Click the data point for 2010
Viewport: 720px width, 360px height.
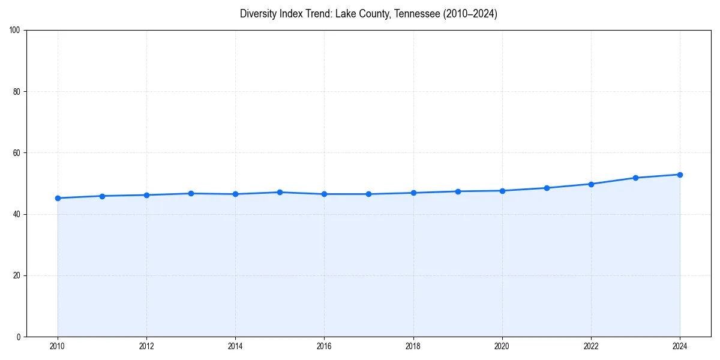58,198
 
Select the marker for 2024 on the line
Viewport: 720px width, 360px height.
680,175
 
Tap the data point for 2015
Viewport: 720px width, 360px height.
280,192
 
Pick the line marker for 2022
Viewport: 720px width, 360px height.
591,184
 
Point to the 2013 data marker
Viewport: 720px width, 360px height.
191,193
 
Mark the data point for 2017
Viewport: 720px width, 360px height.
368,194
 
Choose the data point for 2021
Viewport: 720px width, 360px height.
547,188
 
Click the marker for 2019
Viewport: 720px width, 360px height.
458,191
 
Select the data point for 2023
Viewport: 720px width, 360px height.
635,178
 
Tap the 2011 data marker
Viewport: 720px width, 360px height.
102,196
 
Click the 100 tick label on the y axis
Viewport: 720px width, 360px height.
15,31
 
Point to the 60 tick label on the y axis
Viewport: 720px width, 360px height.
17,153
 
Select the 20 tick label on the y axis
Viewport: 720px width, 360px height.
17,275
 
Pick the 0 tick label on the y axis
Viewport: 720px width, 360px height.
19,337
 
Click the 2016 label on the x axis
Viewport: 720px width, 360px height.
324,346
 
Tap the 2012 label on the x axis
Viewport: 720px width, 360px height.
146,346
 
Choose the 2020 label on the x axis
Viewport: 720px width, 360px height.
502,346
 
